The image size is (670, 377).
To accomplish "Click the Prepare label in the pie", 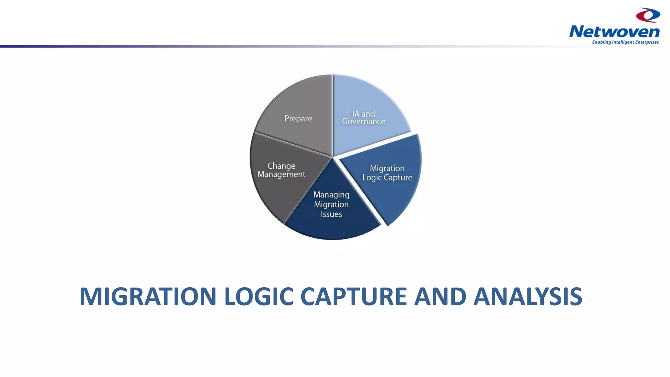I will point(298,118).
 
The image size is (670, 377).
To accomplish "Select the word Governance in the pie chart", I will point(363,122).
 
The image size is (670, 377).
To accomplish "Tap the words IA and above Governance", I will point(363,114).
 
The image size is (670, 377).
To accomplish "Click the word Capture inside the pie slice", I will point(398,178).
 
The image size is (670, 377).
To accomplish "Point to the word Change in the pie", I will point(281,166).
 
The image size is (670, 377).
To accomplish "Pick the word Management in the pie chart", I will point(281,174).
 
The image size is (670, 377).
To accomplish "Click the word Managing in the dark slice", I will point(331,195).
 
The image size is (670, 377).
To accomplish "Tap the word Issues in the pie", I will point(331,214).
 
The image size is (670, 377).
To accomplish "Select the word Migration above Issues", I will point(331,205).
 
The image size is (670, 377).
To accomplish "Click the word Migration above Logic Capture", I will point(387,168).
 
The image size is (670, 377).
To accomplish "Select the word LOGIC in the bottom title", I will point(258,296).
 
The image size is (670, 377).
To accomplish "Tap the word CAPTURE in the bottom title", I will point(353,296).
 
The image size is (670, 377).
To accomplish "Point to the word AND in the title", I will point(440,296).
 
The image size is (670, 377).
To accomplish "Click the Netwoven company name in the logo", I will point(614,32).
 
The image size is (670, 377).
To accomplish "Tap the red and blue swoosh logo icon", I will point(648,15).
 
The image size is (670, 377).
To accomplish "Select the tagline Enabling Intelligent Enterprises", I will point(625,42).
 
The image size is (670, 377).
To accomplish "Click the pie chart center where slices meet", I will point(333,157).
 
